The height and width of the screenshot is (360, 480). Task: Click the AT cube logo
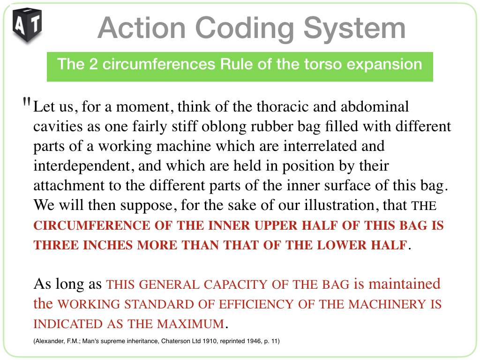[x=27, y=25]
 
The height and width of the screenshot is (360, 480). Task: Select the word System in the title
[x=354, y=29]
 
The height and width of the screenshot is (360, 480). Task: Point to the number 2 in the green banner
[x=93, y=65]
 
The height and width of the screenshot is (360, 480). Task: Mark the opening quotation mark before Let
[x=27, y=102]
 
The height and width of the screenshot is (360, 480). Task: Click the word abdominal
[x=375, y=106]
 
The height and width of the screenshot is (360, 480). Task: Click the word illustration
[x=339, y=205]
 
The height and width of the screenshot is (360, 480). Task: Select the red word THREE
[x=56, y=245]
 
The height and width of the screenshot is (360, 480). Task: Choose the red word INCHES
[x=108, y=245]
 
